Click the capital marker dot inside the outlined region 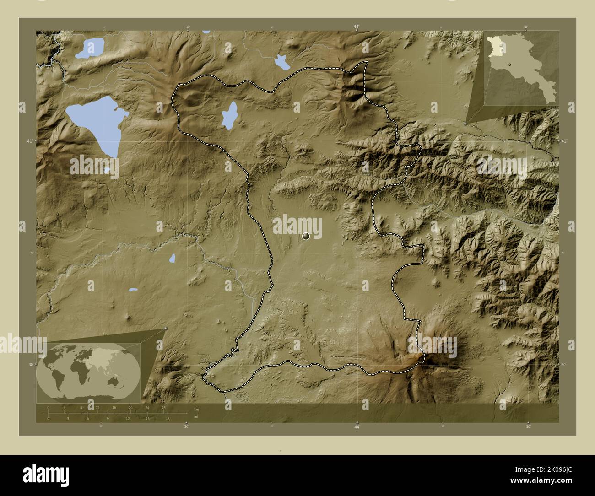pos(306,236)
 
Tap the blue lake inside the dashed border pos(229,115)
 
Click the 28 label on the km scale pos(163,407)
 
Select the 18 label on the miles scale pos(168,419)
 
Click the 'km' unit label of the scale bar pos(196,410)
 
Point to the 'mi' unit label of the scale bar pos(196,417)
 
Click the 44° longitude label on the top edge pos(356,27)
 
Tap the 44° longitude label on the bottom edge pos(356,427)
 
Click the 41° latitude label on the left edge pos(29,141)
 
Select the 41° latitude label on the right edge pos(564,141)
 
